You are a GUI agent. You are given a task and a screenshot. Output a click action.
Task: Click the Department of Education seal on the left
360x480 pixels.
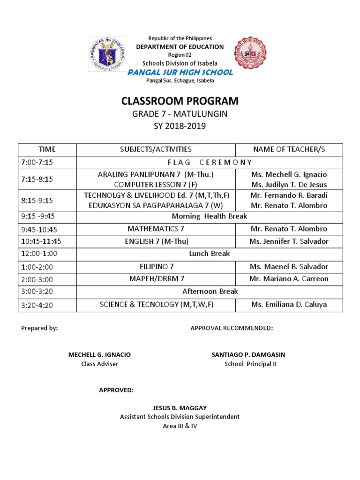[108, 57]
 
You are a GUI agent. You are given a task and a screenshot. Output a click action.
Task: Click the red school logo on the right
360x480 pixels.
[253, 56]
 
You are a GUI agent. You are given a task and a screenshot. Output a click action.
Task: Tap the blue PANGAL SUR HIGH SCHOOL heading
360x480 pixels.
[180, 72]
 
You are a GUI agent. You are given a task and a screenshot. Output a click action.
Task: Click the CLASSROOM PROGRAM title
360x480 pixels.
[180, 101]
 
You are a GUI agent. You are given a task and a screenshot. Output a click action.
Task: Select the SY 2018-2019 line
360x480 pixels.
[180, 126]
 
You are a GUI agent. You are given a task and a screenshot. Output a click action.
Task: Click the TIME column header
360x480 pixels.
[47, 150]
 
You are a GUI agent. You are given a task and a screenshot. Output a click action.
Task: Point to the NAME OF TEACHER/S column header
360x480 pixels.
[289, 150]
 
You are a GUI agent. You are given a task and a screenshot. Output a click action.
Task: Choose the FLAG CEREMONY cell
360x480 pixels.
[210, 162]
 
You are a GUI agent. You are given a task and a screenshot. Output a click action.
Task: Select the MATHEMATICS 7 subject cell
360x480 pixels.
[156, 229]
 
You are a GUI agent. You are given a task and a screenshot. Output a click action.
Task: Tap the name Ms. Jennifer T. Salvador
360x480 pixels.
[289, 241]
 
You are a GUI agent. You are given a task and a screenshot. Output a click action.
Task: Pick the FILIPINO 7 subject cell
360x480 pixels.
[156, 266]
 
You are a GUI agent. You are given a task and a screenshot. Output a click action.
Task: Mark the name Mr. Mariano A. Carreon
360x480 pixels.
[289, 279]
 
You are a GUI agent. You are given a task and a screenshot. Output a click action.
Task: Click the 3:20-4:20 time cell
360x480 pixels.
[39, 305]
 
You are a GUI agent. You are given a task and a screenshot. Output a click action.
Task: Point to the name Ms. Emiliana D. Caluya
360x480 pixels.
[289, 305]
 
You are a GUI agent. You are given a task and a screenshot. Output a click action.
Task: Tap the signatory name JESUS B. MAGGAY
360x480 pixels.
[180, 408]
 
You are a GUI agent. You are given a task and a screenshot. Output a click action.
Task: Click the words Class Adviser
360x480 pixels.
[100, 364]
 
